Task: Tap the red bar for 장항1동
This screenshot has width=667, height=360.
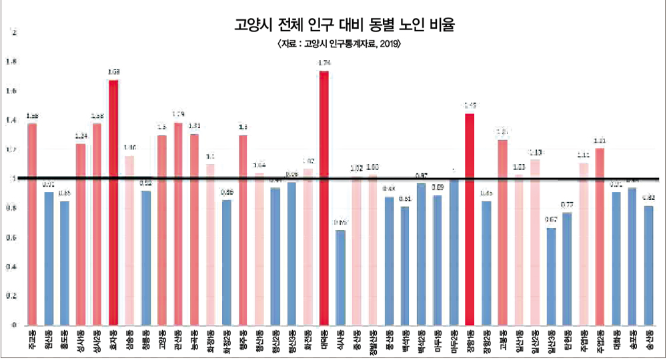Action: coord(470,219)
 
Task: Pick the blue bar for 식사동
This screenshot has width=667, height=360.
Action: coord(340,277)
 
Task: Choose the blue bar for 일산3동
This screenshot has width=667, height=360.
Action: coord(551,276)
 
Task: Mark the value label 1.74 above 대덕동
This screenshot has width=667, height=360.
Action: coord(325,63)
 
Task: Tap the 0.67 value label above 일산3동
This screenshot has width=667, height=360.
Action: coord(551,220)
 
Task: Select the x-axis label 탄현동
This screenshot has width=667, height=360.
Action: coord(567,340)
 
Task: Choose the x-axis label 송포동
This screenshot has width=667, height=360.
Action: coord(632,340)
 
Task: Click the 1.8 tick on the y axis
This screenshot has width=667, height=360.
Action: coord(9,63)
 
